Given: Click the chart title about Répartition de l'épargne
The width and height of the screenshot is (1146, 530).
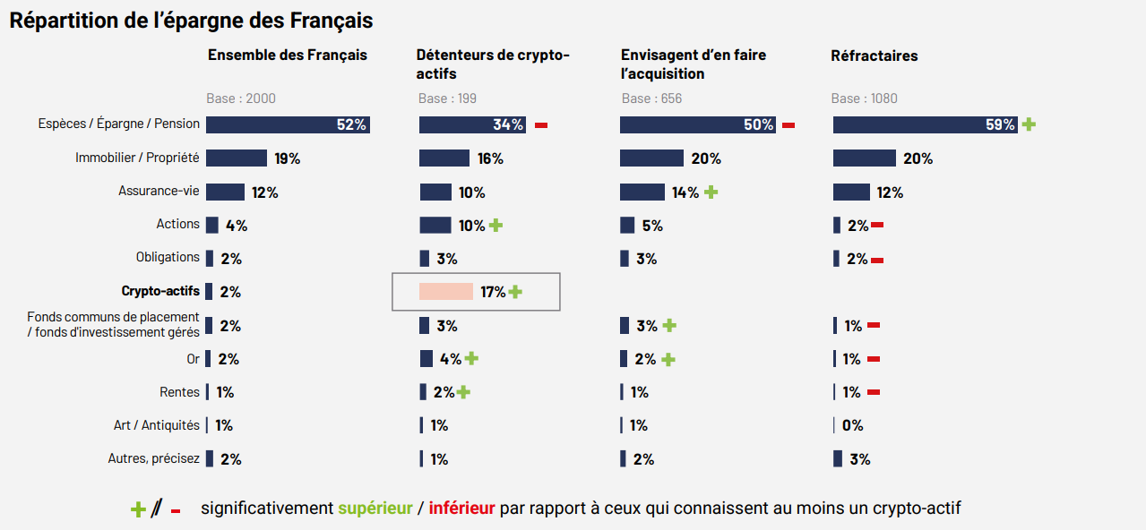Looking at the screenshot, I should (x=191, y=20).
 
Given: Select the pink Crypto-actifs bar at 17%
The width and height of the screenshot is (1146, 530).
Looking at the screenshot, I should (x=445, y=292).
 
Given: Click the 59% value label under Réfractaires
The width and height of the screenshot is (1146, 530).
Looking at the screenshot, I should (x=1000, y=125).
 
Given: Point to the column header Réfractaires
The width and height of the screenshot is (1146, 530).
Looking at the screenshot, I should (x=874, y=56).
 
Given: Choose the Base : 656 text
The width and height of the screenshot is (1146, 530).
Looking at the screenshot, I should (x=651, y=98).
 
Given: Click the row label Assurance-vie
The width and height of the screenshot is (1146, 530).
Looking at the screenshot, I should (x=159, y=191).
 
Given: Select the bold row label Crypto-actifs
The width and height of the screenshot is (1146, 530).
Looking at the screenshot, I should (x=160, y=291).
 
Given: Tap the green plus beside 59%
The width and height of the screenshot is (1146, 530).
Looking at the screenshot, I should (x=1029, y=124).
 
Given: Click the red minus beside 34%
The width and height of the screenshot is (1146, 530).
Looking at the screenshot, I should (x=541, y=125).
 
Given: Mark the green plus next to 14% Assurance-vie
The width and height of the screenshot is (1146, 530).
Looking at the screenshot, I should (x=711, y=192).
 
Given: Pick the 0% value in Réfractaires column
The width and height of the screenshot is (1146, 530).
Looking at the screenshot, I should (x=852, y=425).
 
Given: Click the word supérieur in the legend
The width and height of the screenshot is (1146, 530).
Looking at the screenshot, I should (x=375, y=509).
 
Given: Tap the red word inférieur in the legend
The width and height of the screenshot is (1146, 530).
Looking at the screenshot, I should (x=461, y=509).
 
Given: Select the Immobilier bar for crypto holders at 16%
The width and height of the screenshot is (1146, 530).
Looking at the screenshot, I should (x=444, y=158).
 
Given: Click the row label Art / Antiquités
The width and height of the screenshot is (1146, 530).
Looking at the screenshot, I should (x=156, y=425).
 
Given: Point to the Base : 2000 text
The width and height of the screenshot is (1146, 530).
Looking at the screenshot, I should (x=242, y=98).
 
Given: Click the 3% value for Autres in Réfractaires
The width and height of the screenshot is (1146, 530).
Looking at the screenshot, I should (x=859, y=459).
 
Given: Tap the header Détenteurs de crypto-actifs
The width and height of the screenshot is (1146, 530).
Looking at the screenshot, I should (x=493, y=64).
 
